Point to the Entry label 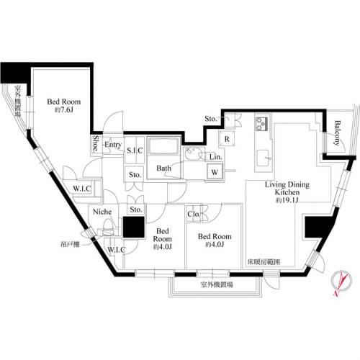(112, 145)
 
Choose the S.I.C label (135, 150)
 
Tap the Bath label (163, 168)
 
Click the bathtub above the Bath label (164, 148)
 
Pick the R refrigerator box (226, 139)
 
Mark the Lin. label (215, 156)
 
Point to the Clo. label (194, 213)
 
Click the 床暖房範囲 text (264, 261)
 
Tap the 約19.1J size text (287, 202)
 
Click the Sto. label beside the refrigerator (211, 119)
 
